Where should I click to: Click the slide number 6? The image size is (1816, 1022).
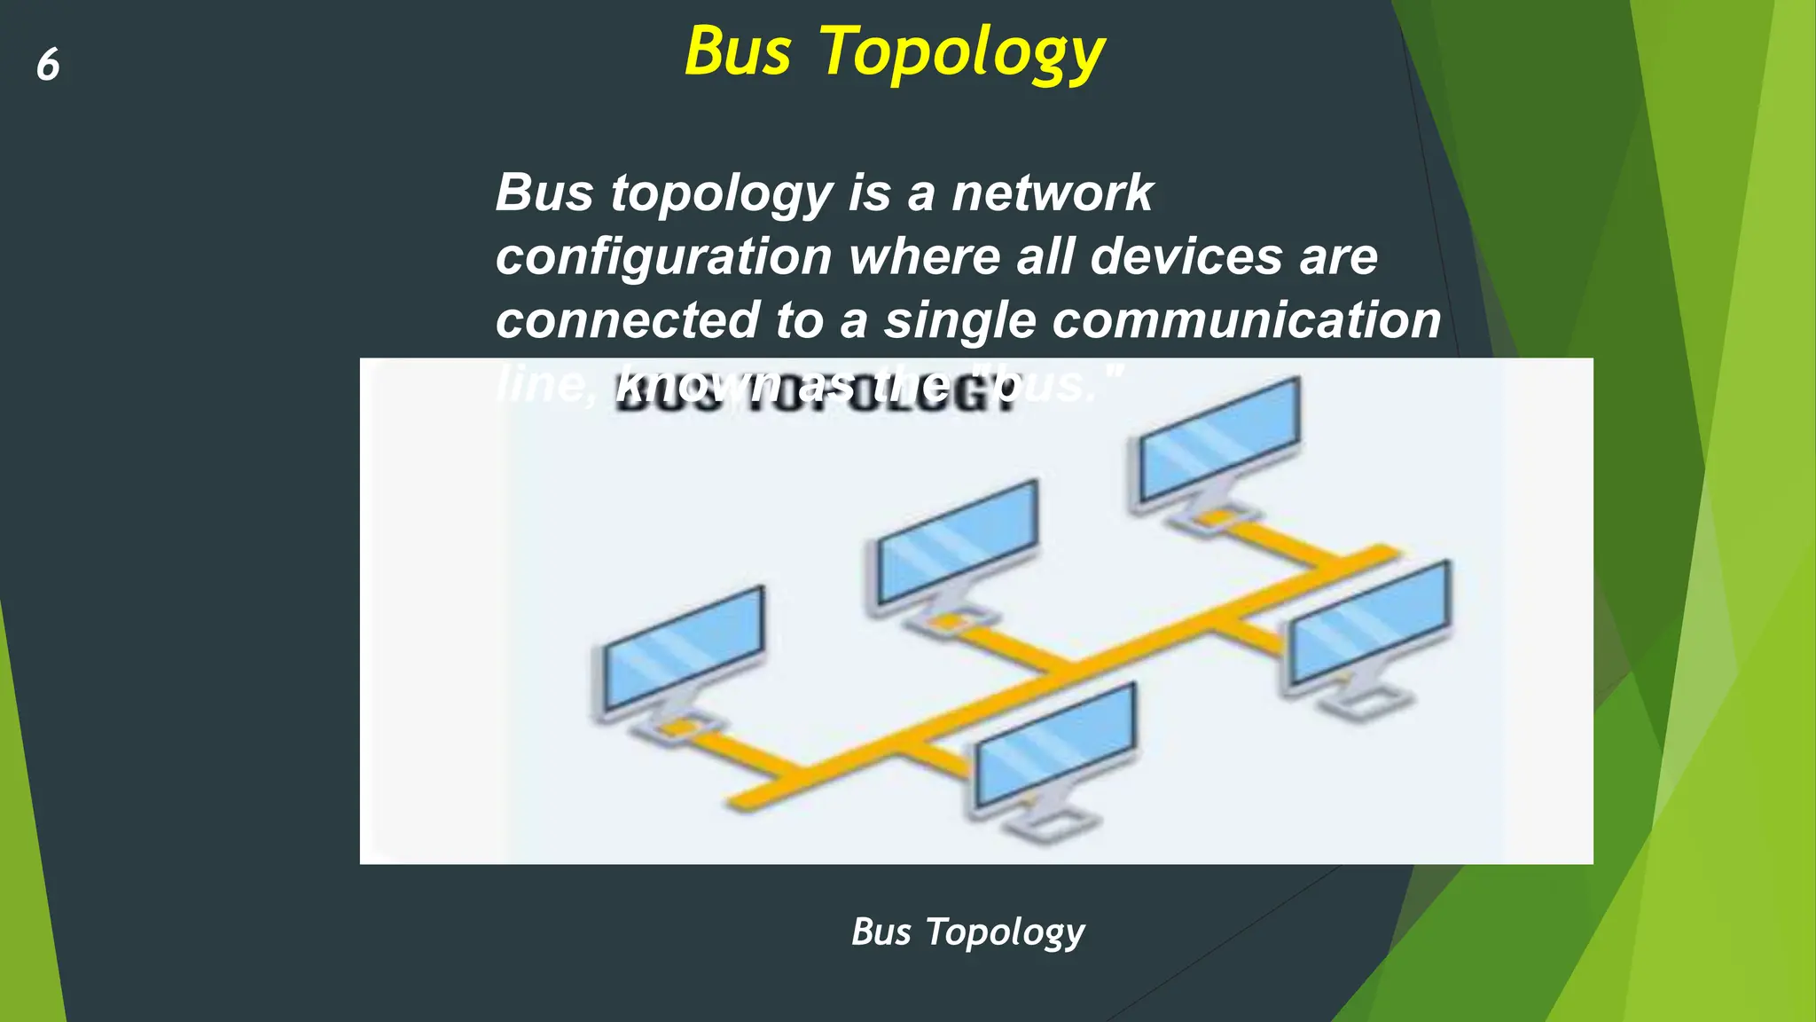48,65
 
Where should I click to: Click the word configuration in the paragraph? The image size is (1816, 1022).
662,257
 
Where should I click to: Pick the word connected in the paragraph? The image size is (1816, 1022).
626,319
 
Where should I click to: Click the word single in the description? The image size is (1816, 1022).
960,321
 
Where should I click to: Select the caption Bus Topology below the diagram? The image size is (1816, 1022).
967,932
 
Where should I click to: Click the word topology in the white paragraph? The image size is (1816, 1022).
721,193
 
